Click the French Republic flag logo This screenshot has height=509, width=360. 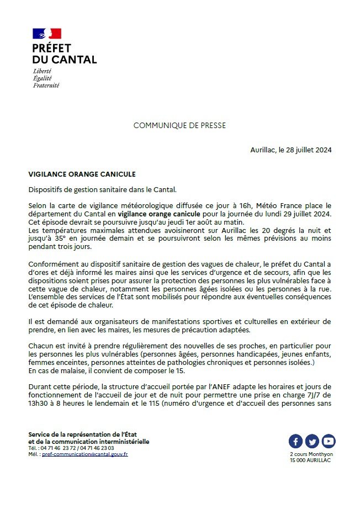(47, 34)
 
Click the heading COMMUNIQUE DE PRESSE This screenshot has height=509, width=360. (179, 126)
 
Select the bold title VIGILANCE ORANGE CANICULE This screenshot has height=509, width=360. (82, 174)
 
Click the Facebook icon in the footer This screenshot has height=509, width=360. (295, 441)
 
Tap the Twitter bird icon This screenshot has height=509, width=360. (312, 441)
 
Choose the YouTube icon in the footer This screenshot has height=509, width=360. (329, 441)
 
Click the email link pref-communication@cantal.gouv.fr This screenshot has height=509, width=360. (85, 454)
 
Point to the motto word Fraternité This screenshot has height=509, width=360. (46, 86)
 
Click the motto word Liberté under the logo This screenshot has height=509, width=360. (43, 72)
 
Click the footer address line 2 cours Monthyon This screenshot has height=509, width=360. (312, 454)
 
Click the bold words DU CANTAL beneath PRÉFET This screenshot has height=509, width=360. (65, 60)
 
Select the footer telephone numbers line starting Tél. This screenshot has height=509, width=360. (71, 448)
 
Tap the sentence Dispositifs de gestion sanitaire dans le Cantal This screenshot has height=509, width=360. (103, 189)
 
